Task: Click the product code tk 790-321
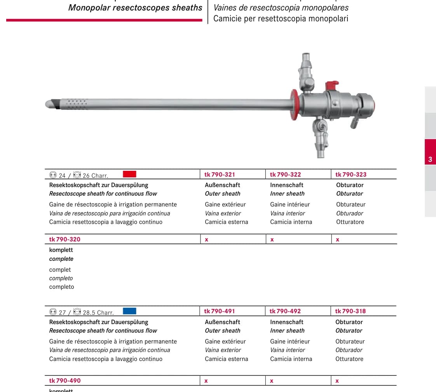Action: coord(220,175)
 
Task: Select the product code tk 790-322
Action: coord(285,175)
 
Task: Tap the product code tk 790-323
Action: coord(351,175)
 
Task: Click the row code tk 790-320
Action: coord(65,239)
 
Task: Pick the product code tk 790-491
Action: coord(220,311)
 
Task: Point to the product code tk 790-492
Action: coord(285,311)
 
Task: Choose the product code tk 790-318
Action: coord(351,311)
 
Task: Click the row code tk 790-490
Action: coord(65,381)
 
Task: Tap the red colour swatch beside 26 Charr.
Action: coord(129,174)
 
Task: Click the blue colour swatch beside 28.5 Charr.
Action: coord(129,311)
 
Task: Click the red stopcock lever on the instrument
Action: coord(332,85)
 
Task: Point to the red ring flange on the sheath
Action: coord(294,105)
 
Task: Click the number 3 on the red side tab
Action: coord(430,160)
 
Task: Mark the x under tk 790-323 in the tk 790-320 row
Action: coord(338,239)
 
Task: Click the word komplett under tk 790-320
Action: coord(61,250)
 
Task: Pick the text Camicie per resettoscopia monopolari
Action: coord(281,19)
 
